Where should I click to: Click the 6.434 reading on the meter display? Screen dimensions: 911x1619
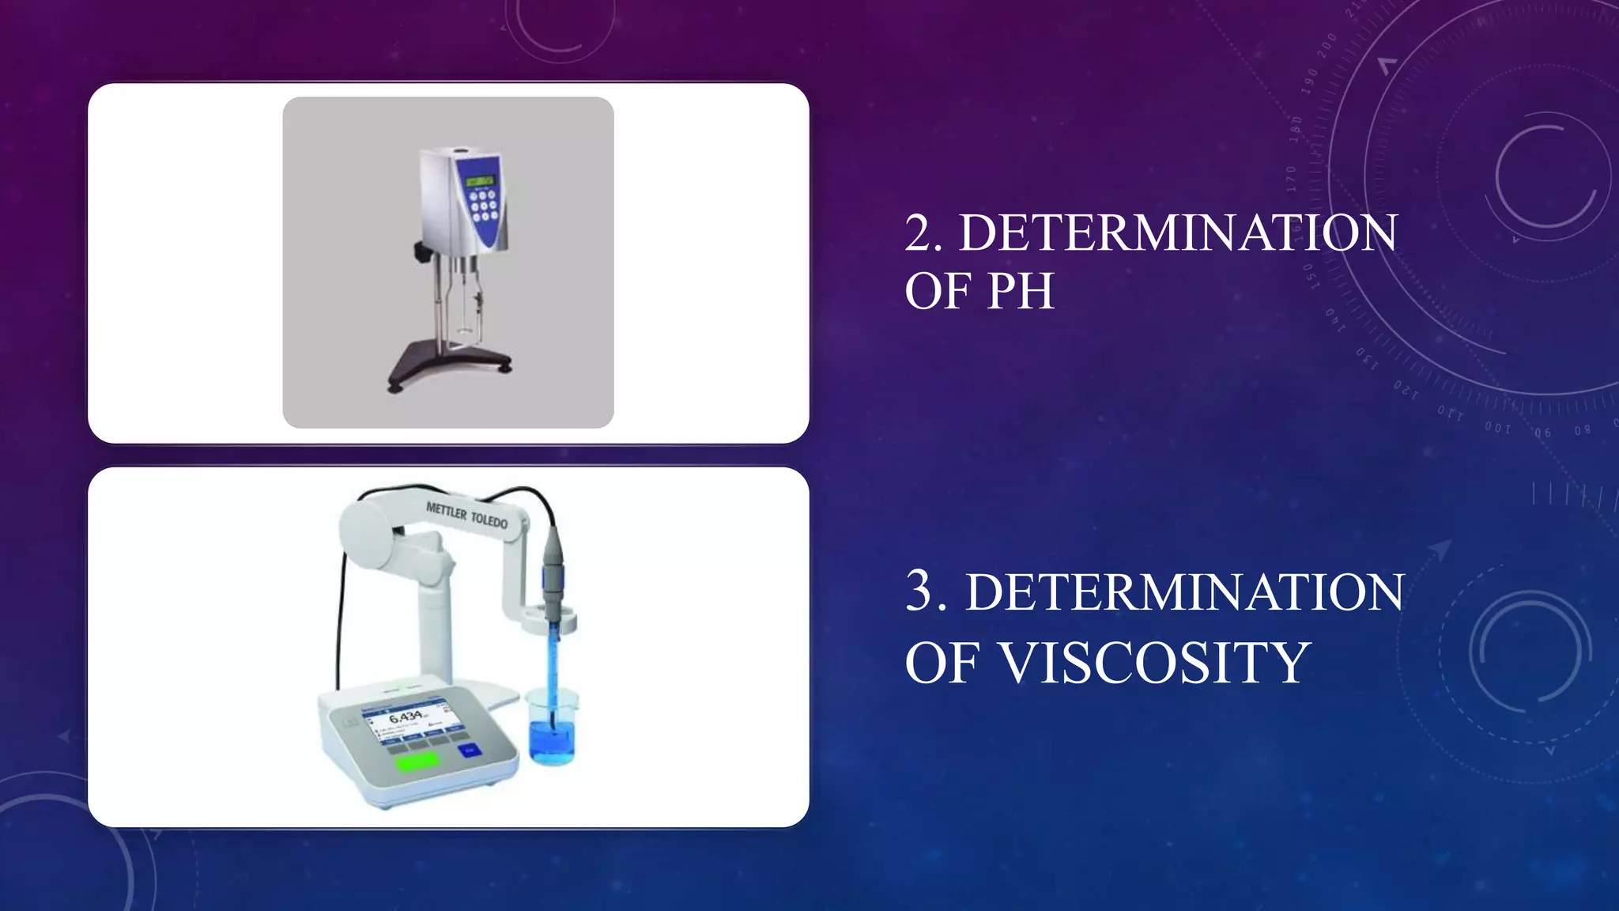406,716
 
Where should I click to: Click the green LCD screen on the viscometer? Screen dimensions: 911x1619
479,181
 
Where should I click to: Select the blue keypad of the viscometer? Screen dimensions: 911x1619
482,205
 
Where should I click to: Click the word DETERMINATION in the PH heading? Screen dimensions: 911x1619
1178,233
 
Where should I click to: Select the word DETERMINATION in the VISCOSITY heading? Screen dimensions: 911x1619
1184,592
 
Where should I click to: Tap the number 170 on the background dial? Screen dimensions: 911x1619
1291,179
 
